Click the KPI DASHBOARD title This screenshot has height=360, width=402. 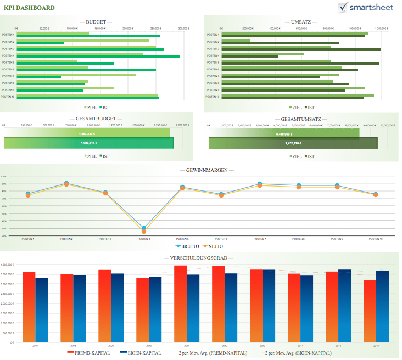(x=29, y=8)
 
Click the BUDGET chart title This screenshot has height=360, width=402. (x=96, y=22)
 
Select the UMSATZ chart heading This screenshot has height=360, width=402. (x=301, y=22)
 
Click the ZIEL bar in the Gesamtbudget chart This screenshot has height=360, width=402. (x=87, y=133)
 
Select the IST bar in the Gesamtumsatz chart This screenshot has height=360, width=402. (x=293, y=143)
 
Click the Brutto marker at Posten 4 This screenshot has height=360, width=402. (x=144, y=228)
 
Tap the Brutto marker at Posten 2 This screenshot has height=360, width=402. (x=66, y=183)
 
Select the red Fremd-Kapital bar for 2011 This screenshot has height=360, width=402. (x=180, y=303)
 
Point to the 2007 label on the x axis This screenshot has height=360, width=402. (x=35, y=345)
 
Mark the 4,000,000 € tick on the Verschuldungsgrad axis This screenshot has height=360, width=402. (x=9, y=265)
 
